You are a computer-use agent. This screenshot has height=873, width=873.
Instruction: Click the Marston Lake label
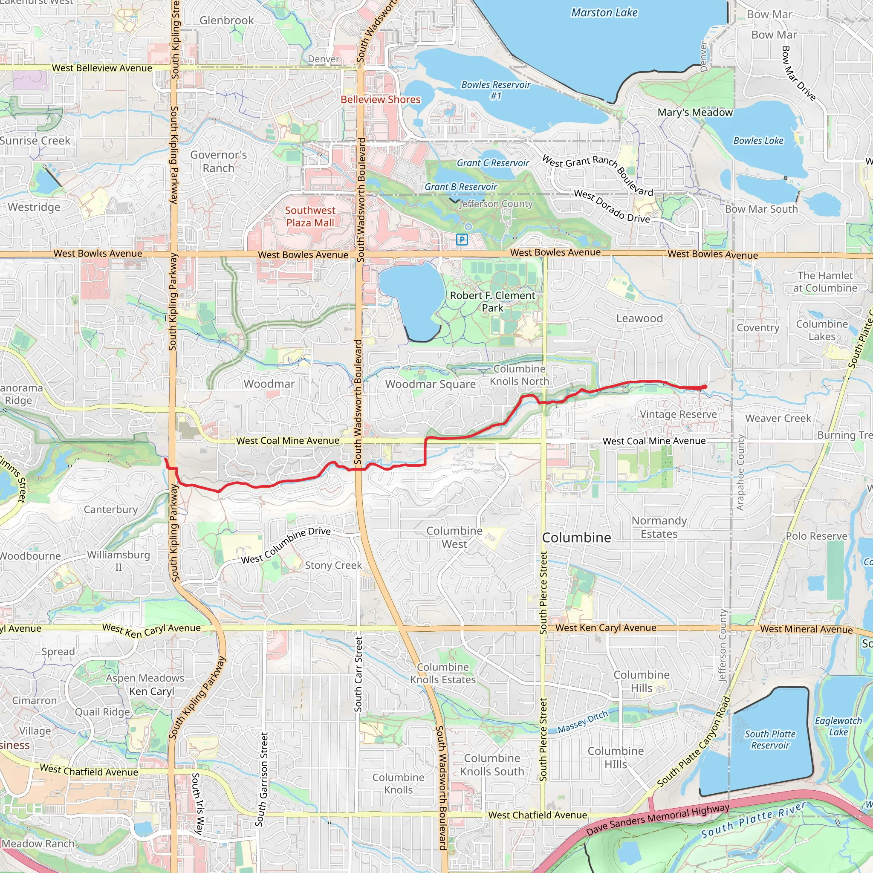click(604, 13)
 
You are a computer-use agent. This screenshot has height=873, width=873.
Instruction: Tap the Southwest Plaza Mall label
click(310, 217)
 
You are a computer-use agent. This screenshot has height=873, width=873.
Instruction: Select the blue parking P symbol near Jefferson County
click(461, 240)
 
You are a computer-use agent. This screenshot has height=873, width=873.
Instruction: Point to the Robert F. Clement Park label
click(492, 301)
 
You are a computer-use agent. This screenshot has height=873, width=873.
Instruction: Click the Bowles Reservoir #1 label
click(496, 90)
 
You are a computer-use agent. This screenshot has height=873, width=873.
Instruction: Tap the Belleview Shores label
click(381, 99)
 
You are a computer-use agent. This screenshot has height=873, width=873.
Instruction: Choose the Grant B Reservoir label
click(460, 187)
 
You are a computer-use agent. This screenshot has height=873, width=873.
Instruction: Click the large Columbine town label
click(576, 537)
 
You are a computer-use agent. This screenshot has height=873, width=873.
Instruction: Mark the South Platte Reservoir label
click(770, 740)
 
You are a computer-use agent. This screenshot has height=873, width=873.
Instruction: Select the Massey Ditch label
click(582, 722)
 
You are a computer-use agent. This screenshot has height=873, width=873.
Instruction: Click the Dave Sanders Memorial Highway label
click(657, 820)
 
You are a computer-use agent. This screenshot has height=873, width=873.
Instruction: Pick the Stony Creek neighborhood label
click(333, 565)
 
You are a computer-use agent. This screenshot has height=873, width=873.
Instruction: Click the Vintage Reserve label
click(678, 414)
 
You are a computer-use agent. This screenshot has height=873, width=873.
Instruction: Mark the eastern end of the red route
click(705, 387)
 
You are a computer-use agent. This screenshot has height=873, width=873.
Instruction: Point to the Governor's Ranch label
click(218, 161)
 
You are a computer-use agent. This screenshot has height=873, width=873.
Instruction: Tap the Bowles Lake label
click(758, 141)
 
